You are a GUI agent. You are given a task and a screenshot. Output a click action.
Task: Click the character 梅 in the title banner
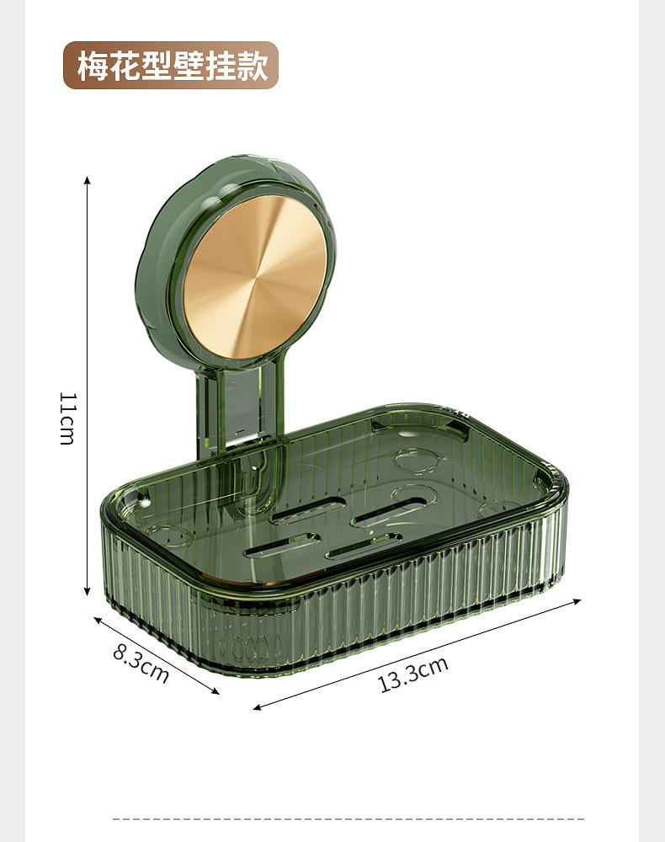[x=93, y=66]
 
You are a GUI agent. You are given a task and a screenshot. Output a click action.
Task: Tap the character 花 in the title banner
[x=125, y=66]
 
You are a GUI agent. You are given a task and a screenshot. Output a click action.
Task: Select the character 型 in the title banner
[x=157, y=66]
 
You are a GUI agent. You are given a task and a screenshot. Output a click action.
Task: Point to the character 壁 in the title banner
[x=189, y=66]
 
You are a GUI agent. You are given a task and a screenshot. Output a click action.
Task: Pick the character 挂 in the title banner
[x=221, y=66]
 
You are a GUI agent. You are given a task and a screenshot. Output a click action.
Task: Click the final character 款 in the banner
[x=253, y=66]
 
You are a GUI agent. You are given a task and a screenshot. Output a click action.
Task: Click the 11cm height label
[x=67, y=418]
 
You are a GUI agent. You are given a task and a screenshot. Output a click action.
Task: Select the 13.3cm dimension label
[x=413, y=674]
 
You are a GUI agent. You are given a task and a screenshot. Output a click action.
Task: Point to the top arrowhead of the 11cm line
[x=87, y=179]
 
